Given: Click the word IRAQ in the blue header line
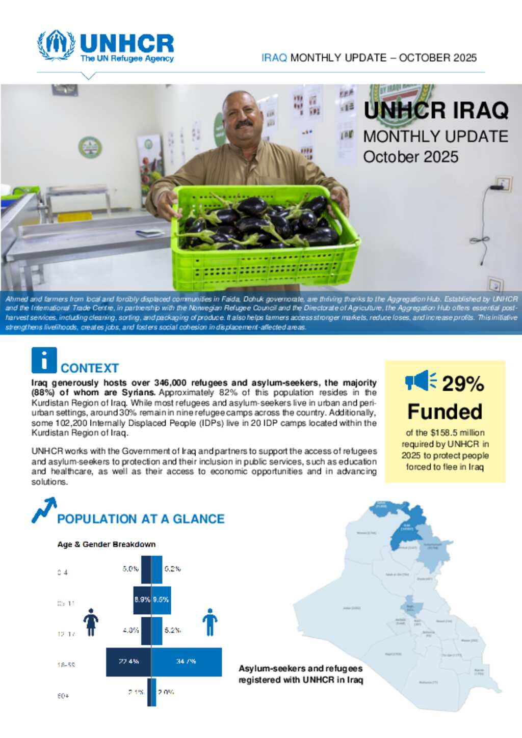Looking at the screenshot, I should (274, 58).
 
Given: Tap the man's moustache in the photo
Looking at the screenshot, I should (244, 124).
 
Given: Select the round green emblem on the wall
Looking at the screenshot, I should (90, 147).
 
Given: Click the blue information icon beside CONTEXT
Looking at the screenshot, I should (44, 360).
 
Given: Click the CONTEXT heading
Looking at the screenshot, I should (90, 368).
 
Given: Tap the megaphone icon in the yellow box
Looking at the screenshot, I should (421, 381).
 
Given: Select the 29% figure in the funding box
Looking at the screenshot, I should (463, 384).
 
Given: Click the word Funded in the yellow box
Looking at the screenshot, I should (445, 411).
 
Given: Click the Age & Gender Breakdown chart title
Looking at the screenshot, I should (106, 544).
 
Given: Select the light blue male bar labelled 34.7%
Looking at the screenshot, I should (187, 662).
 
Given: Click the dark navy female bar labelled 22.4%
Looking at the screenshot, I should (128, 662).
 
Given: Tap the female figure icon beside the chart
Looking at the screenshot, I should (91, 622).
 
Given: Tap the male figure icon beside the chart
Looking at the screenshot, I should (210, 622).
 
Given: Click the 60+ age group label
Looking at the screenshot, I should (63, 696).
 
